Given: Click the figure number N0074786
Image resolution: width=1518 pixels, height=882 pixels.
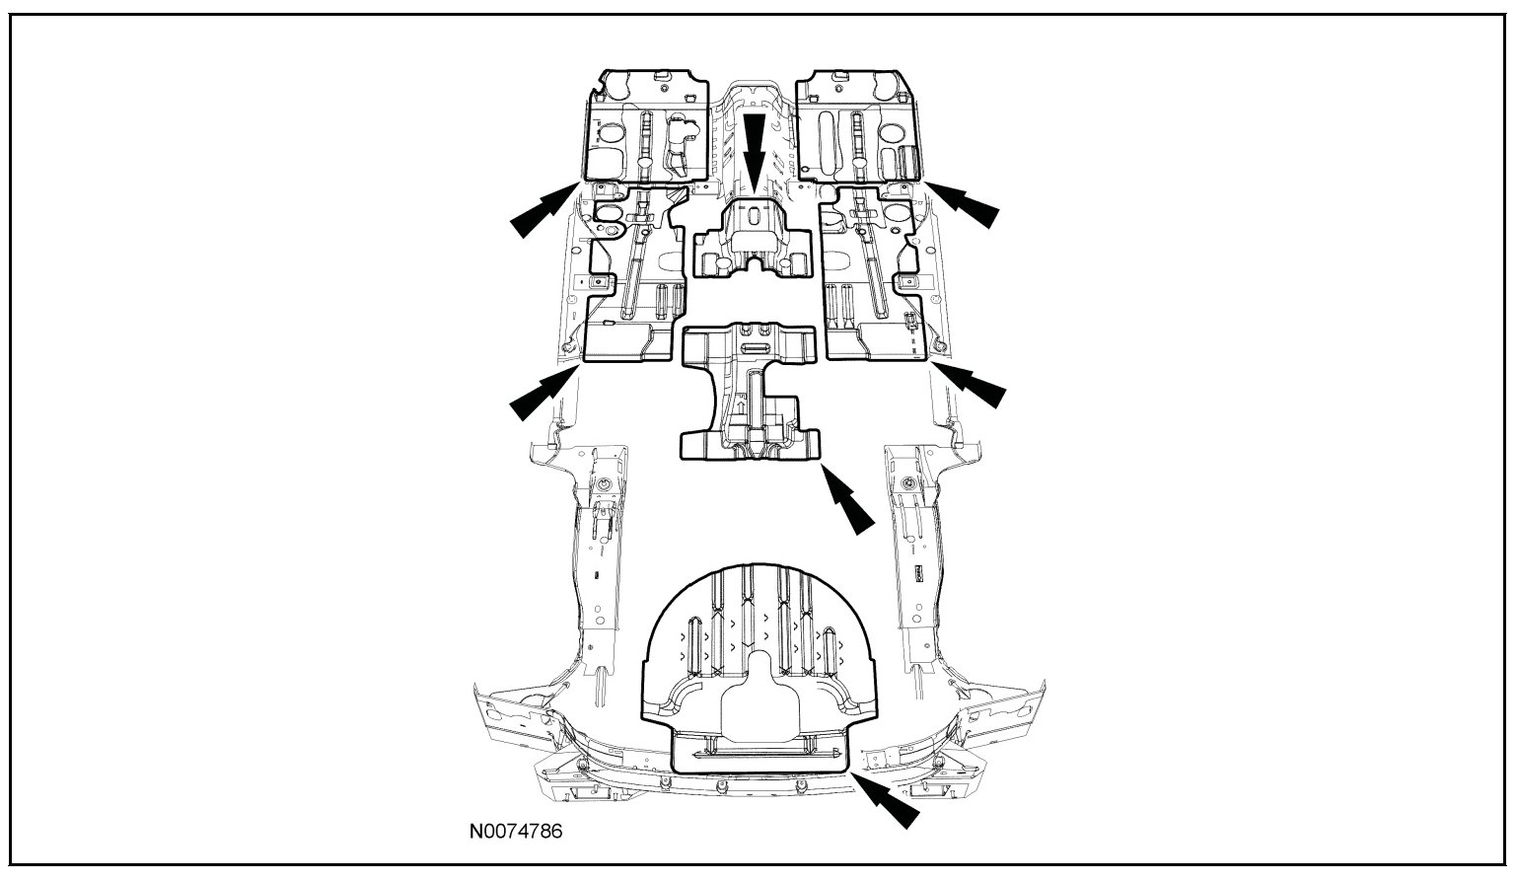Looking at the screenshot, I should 515,832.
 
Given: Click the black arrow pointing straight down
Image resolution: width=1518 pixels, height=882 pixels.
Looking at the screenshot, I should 755,149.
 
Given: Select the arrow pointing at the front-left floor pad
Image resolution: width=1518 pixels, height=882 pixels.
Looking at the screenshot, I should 543,211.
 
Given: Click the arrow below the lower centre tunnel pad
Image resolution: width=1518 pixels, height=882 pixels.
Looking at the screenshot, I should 847,501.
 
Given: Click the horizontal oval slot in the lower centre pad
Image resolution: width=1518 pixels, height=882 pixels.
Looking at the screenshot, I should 756,349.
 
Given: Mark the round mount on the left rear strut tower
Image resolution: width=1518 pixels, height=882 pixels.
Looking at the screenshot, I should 600,484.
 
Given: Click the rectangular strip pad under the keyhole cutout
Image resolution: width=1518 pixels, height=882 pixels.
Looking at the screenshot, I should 759,753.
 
